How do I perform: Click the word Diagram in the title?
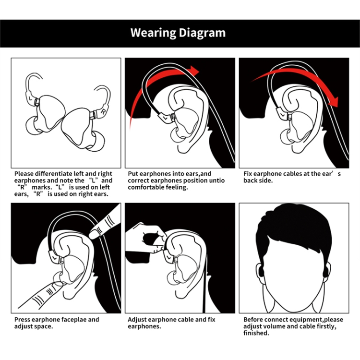pos(202,33)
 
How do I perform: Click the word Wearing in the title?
pos(153,33)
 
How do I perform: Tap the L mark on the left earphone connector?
pos(31,98)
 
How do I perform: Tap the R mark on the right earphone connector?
pos(103,112)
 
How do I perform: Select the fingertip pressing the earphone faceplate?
pos(58,285)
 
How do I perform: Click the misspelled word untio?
pos(217,180)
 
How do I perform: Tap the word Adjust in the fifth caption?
pos(137,320)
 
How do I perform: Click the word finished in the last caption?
pos(255,333)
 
